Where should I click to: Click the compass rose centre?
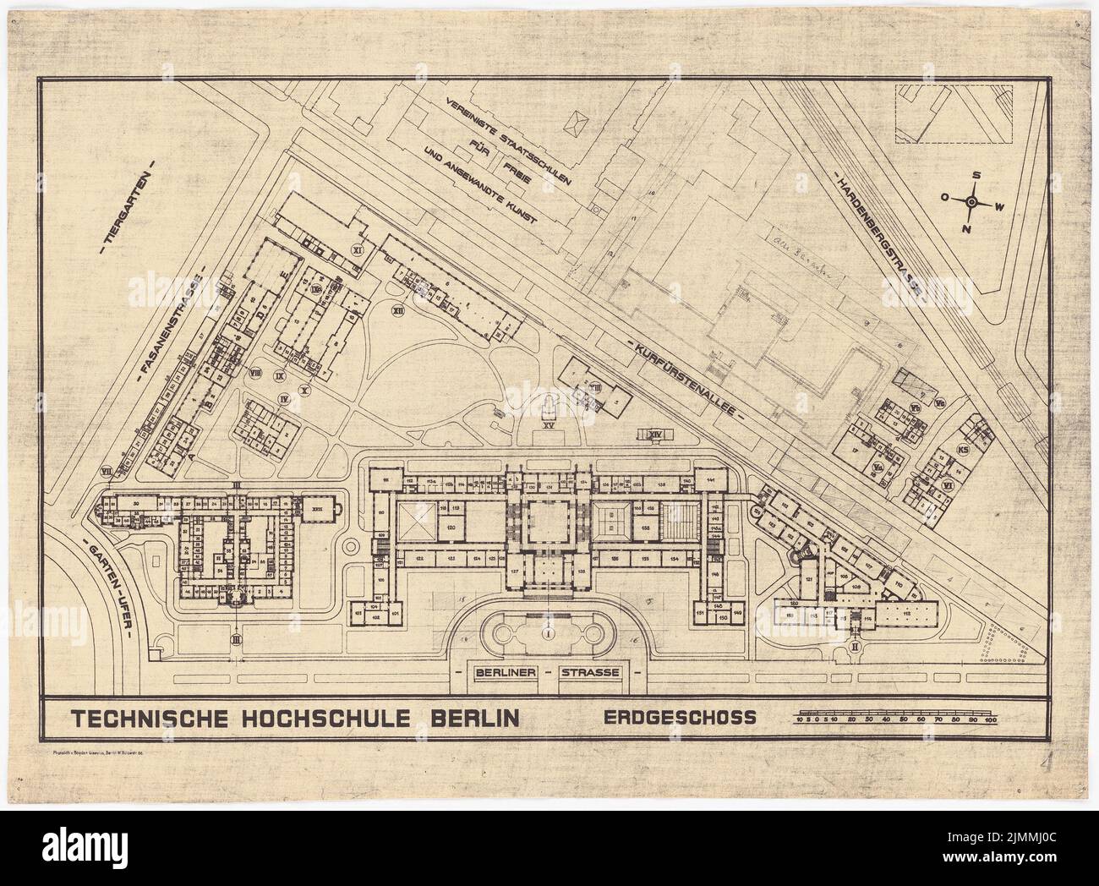point(971,201)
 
